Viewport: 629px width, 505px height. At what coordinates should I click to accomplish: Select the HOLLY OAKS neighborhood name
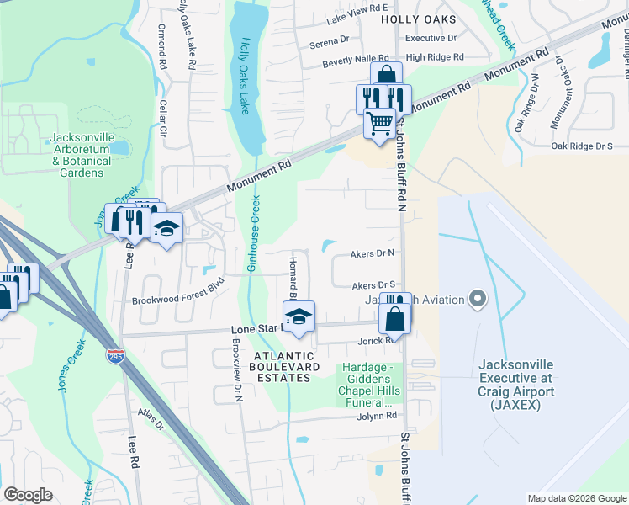click(x=418, y=19)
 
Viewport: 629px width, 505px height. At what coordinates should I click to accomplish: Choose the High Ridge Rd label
click(x=434, y=57)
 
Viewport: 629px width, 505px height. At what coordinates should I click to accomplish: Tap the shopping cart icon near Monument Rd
click(x=379, y=124)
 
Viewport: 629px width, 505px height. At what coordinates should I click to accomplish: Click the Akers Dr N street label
click(x=373, y=252)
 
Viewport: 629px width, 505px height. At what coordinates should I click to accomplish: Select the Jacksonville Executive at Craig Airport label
click(x=515, y=385)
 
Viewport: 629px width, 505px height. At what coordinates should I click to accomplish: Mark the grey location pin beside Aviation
click(x=478, y=299)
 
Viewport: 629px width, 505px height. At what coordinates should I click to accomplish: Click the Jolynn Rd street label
click(x=374, y=416)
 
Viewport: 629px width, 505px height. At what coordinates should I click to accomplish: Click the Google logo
click(x=29, y=495)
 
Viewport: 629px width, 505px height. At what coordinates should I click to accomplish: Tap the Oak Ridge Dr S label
click(x=582, y=146)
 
